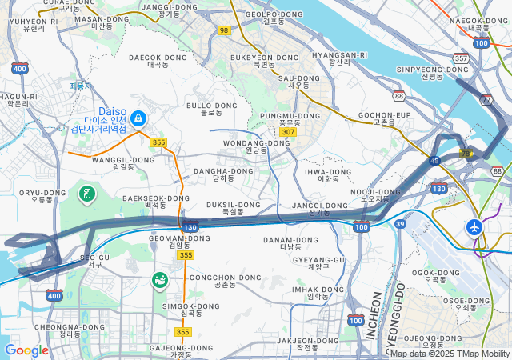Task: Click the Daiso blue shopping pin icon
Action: (139, 118)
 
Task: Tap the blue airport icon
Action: (475, 226)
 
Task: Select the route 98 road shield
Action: (223, 30)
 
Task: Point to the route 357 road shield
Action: (460, 58)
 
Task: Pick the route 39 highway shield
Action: (399, 223)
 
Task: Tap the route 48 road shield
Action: (434, 161)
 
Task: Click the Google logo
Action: (26, 350)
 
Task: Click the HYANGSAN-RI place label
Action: (339, 56)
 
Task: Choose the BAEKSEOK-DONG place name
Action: (156, 199)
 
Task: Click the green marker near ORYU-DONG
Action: (86, 193)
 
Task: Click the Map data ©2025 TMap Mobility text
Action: (450, 354)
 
